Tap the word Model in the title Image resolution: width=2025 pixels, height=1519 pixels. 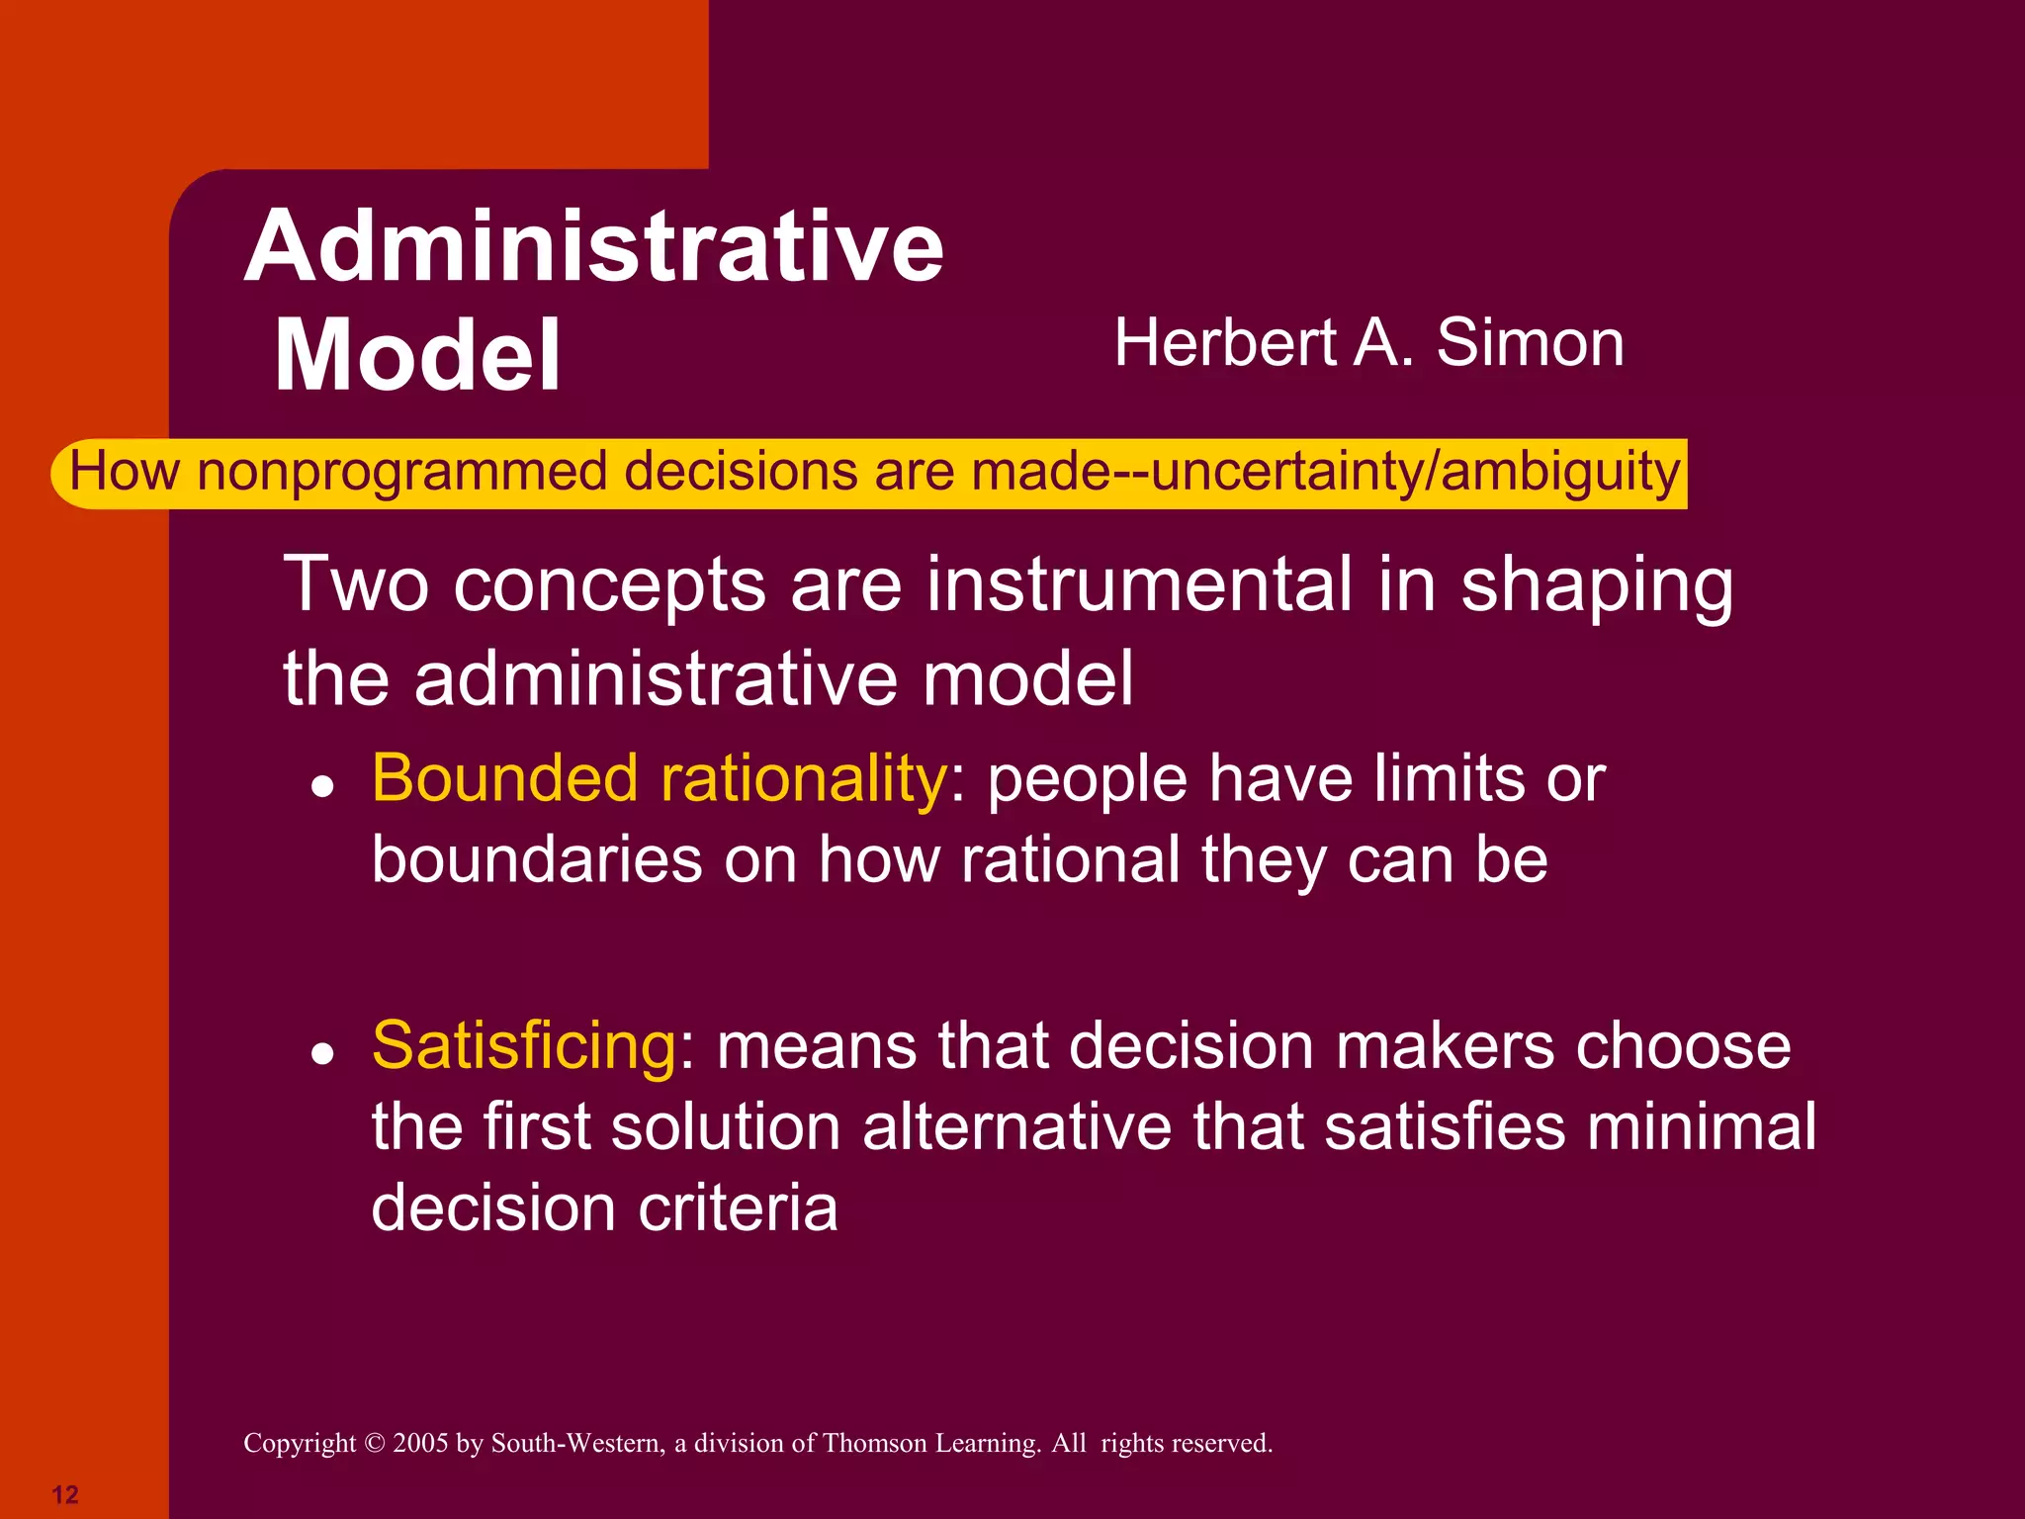pos(417,355)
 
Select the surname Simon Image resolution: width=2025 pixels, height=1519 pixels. pos(1530,343)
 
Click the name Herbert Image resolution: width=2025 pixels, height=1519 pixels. pos(1226,343)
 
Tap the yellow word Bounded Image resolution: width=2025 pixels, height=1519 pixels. pos(504,778)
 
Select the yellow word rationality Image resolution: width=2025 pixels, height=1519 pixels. pos(804,778)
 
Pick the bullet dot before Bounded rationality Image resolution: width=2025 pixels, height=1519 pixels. pos(321,787)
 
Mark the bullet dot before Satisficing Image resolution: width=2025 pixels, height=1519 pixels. pos(321,1054)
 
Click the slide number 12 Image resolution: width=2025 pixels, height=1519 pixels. pos(65,1494)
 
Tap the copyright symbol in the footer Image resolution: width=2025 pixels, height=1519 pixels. pos(374,1444)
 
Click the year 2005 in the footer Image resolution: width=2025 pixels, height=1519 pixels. pos(420,1444)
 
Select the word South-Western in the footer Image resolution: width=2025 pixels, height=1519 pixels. pos(578,1444)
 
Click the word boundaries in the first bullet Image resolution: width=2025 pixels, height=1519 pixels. pos(537,858)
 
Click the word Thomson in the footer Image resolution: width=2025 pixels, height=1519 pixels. pos(871,1444)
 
